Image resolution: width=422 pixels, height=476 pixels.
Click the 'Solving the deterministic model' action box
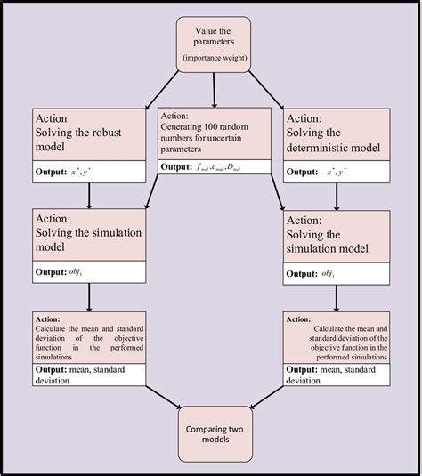tap(337, 133)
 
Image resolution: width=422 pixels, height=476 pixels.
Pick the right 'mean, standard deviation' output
tap(337, 375)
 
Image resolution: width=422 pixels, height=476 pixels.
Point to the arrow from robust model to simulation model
tap(89, 194)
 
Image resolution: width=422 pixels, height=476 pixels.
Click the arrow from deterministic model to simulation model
tap(337, 194)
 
